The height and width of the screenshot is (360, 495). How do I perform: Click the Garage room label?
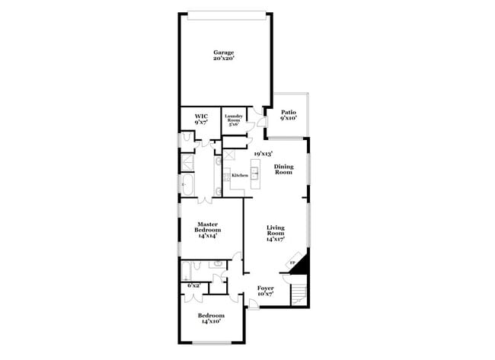pyautogui.click(x=223, y=53)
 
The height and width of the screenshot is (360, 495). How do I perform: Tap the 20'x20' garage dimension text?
pyautogui.click(x=223, y=59)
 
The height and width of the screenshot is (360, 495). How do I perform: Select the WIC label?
pyautogui.click(x=201, y=116)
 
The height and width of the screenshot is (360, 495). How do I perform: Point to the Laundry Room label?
pyautogui.click(x=234, y=118)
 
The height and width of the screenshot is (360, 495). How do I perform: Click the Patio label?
pyautogui.click(x=288, y=113)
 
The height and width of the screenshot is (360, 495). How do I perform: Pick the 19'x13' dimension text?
pyautogui.click(x=263, y=153)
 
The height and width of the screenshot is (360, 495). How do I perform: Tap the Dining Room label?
pyautogui.click(x=283, y=169)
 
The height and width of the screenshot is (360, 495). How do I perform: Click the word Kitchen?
pyautogui.click(x=240, y=175)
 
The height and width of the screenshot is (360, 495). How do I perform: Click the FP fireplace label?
pyautogui.click(x=292, y=263)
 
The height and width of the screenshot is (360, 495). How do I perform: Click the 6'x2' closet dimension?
pyautogui.click(x=193, y=285)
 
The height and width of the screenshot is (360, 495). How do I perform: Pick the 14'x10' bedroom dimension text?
pyautogui.click(x=211, y=321)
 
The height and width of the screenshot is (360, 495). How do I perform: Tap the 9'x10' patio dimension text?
pyautogui.click(x=288, y=119)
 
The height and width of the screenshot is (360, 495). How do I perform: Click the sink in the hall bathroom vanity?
pyautogui.click(x=219, y=264)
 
